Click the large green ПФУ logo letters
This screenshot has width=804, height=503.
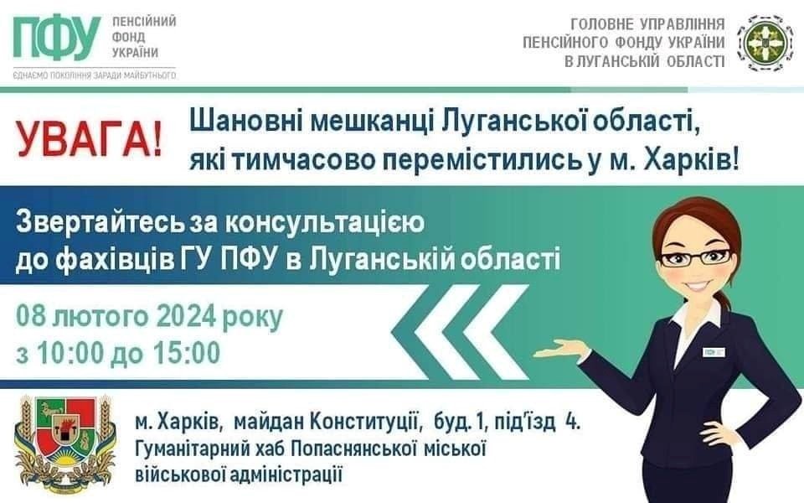click(x=57, y=39)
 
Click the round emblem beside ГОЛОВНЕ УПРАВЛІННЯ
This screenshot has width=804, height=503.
click(x=761, y=42)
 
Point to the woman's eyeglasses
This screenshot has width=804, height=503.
click(x=695, y=257)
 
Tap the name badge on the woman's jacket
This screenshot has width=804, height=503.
click(x=714, y=352)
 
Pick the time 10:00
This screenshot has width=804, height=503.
click(x=70, y=353)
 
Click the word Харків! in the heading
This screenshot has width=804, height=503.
click(x=692, y=161)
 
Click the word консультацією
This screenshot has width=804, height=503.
click(x=325, y=225)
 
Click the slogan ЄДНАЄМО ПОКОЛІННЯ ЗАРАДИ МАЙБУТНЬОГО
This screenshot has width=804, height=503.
click(x=95, y=75)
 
